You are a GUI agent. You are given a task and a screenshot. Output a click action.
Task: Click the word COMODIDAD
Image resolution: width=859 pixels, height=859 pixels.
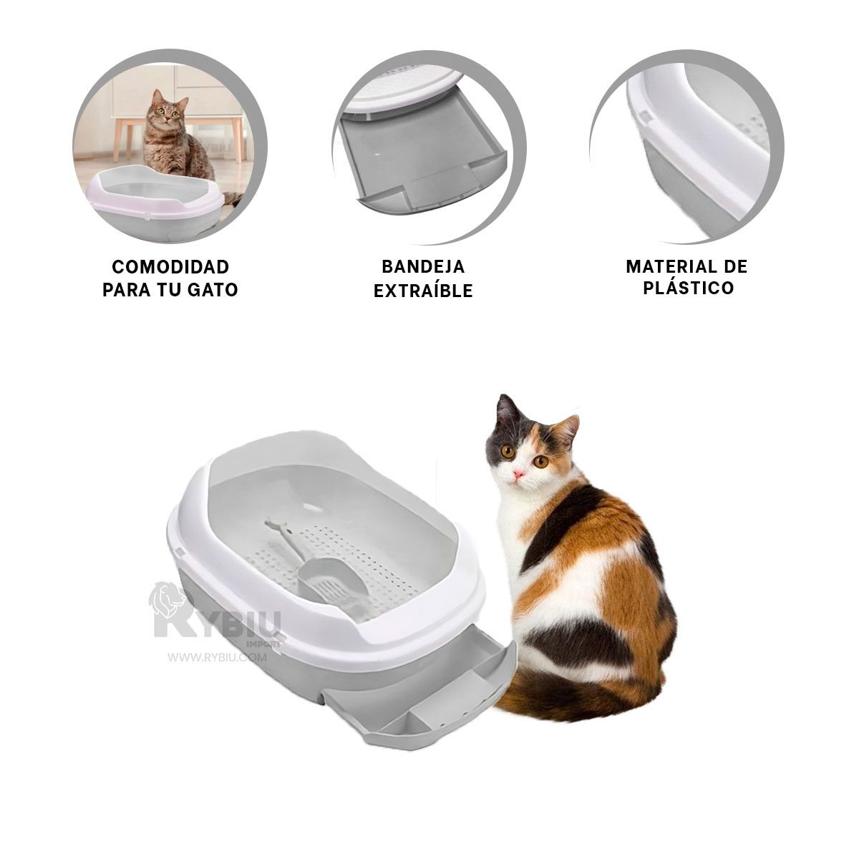(170, 267)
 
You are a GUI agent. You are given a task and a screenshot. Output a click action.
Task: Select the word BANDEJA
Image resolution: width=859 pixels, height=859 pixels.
(423, 267)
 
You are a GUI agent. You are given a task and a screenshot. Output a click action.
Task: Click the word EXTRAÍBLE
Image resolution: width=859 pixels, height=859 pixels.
(423, 291)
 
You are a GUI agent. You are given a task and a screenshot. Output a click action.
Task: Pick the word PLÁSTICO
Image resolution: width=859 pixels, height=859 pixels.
(688, 288)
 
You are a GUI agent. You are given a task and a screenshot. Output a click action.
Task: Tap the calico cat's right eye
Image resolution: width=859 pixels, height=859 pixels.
(507, 452)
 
